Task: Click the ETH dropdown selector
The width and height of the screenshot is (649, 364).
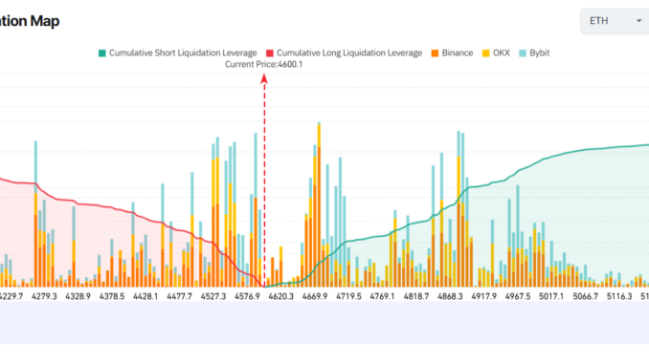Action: [614, 21]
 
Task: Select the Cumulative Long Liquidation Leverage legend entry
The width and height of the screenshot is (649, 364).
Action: [344, 53]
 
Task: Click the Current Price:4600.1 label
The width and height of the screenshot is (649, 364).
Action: [264, 64]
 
